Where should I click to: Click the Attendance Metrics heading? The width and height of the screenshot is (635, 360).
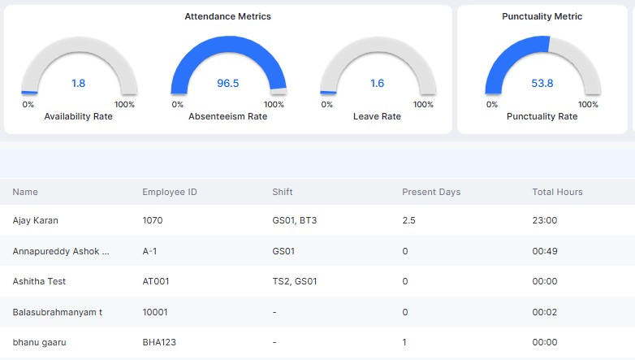[x=227, y=16]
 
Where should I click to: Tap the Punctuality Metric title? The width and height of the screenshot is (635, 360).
[x=542, y=16]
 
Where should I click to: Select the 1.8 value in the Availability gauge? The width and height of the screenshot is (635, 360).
[x=78, y=83]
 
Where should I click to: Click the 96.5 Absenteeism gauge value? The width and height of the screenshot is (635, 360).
[x=227, y=83]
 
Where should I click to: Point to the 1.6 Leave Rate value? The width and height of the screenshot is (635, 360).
[x=377, y=83]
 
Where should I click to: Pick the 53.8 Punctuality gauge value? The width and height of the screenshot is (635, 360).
[x=542, y=83]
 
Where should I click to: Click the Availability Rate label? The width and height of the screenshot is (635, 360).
[x=78, y=116]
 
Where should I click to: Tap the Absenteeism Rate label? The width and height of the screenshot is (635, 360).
[x=227, y=116]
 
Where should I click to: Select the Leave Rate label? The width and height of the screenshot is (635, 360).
[x=377, y=116]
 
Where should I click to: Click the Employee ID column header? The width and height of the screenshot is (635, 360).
[x=170, y=192]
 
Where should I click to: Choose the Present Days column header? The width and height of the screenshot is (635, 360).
[x=431, y=192]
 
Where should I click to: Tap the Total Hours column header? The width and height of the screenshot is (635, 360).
[x=557, y=192]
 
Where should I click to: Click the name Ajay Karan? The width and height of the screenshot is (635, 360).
[x=36, y=220]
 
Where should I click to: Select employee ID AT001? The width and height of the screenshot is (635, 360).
[x=156, y=281]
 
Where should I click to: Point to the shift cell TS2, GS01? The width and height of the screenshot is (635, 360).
[x=295, y=281]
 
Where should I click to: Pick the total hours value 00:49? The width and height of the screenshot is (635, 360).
[x=544, y=251]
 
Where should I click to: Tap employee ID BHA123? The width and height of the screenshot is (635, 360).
[x=158, y=343]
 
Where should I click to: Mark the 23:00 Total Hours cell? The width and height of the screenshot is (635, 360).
[x=544, y=220]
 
